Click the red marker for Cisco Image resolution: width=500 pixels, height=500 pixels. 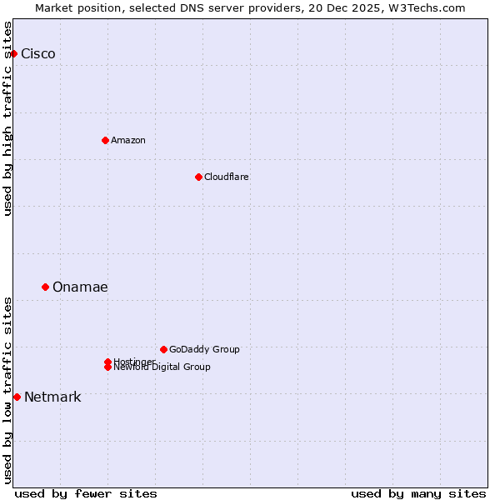(13, 54)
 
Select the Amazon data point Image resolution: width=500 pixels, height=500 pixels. (105, 140)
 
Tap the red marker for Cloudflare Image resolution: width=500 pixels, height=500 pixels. (198, 177)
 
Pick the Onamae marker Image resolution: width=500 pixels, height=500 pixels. (45, 287)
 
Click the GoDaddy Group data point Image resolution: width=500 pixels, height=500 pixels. (163, 349)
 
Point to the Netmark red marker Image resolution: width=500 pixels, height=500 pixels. (17, 397)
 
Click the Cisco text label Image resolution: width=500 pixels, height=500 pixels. (38, 54)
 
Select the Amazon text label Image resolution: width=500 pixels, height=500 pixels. (128, 140)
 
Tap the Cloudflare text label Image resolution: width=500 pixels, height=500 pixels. (227, 177)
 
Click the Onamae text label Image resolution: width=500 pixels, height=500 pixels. (80, 287)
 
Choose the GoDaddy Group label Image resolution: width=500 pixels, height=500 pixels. (204, 349)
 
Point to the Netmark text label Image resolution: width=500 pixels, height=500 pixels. (52, 397)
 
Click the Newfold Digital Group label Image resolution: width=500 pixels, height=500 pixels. (162, 367)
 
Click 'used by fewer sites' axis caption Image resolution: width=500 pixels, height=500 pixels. (86, 493)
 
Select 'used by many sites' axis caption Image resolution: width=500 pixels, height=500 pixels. (418, 493)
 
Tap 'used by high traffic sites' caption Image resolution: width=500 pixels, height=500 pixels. (8, 118)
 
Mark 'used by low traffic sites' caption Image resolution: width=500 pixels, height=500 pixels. (8, 390)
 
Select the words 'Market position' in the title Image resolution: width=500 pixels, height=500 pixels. (72, 7)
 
